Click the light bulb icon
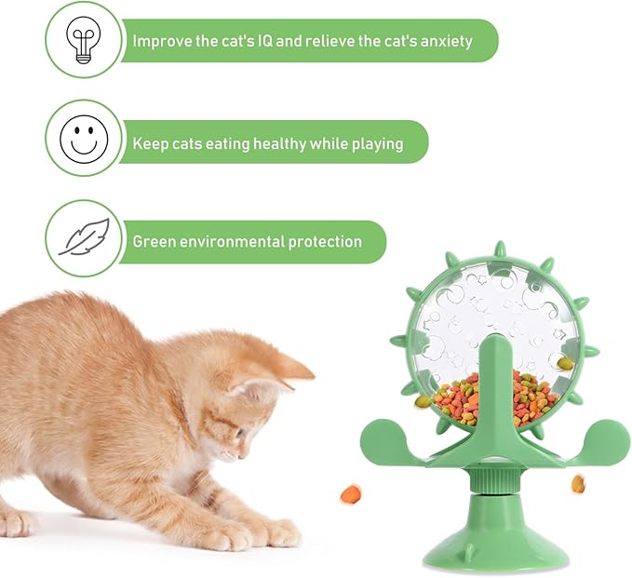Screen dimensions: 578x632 pyautogui.click(x=83, y=39)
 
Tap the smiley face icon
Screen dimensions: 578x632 pyautogui.click(x=83, y=139)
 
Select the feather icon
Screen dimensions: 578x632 pyautogui.click(x=83, y=237)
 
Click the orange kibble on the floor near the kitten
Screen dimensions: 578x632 pyautogui.click(x=350, y=493)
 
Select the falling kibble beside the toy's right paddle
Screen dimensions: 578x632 pyautogui.click(x=578, y=483)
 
